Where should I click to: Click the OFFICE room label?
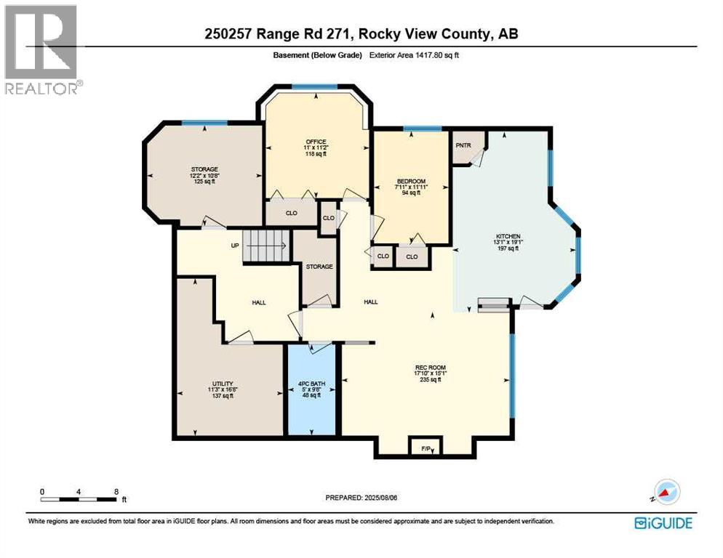pos(316,142)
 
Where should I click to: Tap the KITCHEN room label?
pos(507,237)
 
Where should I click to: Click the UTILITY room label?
pos(222,383)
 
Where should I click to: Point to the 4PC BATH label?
pos(311,383)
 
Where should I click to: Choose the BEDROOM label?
pos(411,181)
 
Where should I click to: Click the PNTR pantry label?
pos(463,145)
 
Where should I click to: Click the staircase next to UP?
pos(265,245)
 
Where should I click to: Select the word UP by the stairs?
pos(235,246)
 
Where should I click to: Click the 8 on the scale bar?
pos(117,491)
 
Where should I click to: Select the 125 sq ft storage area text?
pos(204,181)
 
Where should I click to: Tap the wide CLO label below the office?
pos(290,214)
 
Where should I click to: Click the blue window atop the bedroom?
pos(423,129)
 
